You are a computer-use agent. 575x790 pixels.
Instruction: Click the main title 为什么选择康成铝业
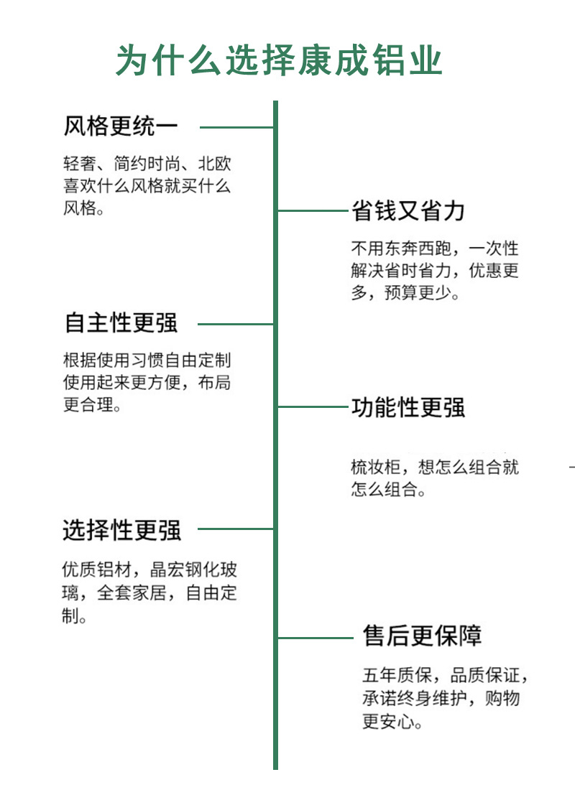pyautogui.click(x=279, y=60)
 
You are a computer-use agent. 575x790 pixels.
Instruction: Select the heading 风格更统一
pyautogui.click(x=121, y=126)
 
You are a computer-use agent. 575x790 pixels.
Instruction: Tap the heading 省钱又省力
pyautogui.click(x=408, y=210)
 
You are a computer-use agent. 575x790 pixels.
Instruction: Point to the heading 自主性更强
pyautogui.click(x=121, y=323)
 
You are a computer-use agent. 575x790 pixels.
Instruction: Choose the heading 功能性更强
pyautogui.click(x=408, y=407)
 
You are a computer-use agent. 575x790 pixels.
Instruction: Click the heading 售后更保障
pyautogui.click(x=422, y=636)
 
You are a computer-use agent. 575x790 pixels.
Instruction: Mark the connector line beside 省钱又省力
pyautogui.click(x=313, y=210)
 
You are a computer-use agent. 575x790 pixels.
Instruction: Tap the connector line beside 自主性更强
pyautogui.click(x=235, y=324)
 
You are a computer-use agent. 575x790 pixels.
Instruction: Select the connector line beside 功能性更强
pyautogui.click(x=313, y=406)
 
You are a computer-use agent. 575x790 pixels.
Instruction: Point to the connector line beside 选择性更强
pyautogui.click(x=235, y=529)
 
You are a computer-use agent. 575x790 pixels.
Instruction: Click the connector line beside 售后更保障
pyautogui.click(x=318, y=637)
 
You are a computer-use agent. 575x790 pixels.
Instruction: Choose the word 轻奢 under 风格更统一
pyautogui.click(x=77, y=163)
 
